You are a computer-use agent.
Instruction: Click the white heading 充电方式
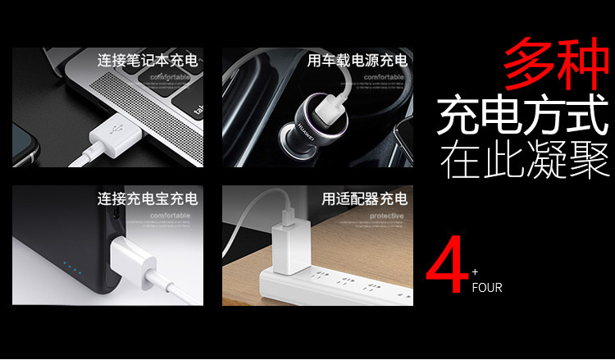pyautogui.click(x=523, y=116)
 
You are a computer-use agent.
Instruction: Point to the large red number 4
pyautogui.click(x=447, y=269)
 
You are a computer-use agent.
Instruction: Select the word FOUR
pyautogui.click(x=486, y=288)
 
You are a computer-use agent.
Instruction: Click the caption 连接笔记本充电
pyautogui.click(x=148, y=60)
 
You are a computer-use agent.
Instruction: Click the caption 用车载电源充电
pyautogui.click(x=357, y=60)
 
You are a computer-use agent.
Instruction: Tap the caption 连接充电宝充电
pyautogui.click(x=148, y=198)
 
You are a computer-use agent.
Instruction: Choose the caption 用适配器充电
pyautogui.click(x=364, y=198)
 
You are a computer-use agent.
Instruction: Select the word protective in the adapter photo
pyautogui.click(x=386, y=216)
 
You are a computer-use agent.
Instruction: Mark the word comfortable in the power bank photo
pyautogui.click(x=169, y=216)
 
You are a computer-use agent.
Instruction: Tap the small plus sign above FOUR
pyautogui.click(x=475, y=271)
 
